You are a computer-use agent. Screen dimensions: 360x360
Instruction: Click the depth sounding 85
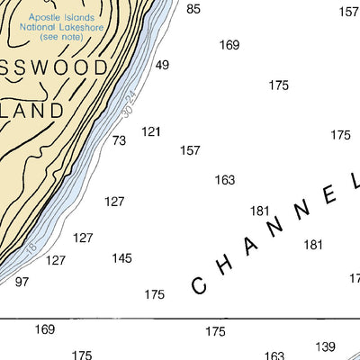pyautogui.click(x=193, y=9)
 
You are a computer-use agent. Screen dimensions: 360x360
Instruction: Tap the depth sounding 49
pyautogui.click(x=162, y=65)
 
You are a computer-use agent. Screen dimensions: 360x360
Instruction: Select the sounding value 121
pyautogui.click(x=151, y=132)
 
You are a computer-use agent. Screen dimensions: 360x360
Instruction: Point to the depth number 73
pyautogui.click(x=119, y=140)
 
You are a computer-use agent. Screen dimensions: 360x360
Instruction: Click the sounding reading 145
pyautogui.click(x=121, y=258)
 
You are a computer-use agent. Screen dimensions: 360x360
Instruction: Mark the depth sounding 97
pyautogui.click(x=22, y=282)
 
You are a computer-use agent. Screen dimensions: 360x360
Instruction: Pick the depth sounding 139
pyautogui.click(x=325, y=346)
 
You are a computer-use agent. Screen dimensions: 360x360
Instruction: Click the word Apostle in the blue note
pyautogui.click(x=48, y=16)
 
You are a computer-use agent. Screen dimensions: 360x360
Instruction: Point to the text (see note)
pyautogui.click(x=61, y=40)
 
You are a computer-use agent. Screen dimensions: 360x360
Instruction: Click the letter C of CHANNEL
pyautogui.click(x=201, y=285)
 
